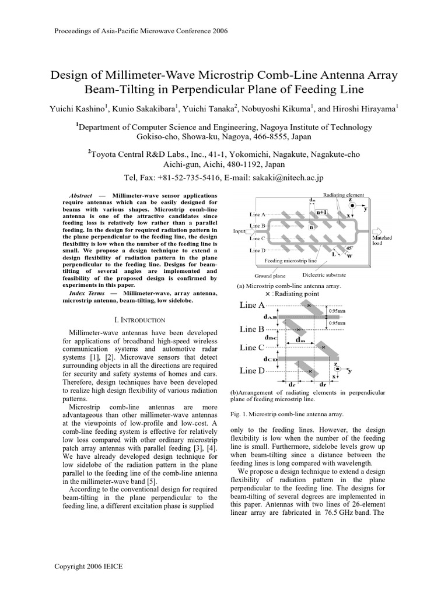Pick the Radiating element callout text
343,195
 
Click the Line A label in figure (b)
253,305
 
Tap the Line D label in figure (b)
253,370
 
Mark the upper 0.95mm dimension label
337,311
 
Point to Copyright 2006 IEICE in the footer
88,566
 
